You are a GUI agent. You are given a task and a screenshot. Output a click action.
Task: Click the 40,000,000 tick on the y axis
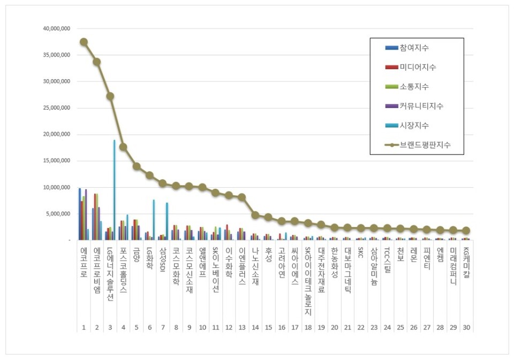click(x=56, y=28)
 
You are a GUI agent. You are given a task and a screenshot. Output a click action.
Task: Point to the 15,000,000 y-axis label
click(x=56, y=161)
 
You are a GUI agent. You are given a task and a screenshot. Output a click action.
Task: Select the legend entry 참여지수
click(x=414, y=48)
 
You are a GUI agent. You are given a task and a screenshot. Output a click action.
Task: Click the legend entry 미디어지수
click(x=418, y=67)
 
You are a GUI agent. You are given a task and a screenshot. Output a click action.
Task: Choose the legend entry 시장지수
click(x=414, y=125)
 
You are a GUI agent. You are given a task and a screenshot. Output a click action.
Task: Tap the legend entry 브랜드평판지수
click(x=425, y=144)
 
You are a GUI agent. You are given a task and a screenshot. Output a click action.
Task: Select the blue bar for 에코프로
click(x=80, y=214)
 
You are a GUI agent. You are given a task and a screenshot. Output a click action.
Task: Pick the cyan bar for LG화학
click(x=154, y=220)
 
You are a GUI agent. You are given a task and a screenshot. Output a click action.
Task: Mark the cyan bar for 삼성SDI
click(x=167, y=221)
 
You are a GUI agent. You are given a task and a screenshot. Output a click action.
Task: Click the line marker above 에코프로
click(x=84, y=42)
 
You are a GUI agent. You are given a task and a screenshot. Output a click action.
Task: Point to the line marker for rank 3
click(x=110, y=96)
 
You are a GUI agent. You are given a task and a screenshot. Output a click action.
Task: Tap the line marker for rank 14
click(x=255, y=215)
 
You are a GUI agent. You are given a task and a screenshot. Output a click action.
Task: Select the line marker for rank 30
click(x=466, y=231)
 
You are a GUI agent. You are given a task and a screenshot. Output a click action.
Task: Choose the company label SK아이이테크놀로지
click(x=307, y=281)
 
